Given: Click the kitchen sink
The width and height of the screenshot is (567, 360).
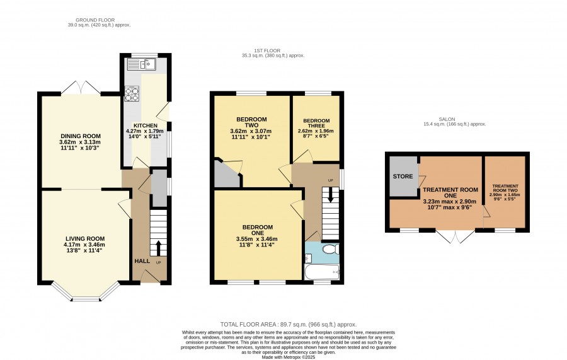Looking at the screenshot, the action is (x=142, y=64).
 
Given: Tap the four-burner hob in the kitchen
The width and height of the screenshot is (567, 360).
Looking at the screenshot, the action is (x=132, y=93).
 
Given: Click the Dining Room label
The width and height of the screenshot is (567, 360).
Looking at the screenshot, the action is (x=80, y=136).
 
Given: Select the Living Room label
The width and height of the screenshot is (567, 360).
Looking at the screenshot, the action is (x=85, y=238).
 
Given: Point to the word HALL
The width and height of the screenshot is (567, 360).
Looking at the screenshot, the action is (x=142, y=261).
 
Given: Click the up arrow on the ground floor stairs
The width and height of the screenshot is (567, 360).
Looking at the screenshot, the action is (x=158, y=248).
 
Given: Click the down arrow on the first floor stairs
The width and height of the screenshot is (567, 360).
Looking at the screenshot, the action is (x=331, y=195).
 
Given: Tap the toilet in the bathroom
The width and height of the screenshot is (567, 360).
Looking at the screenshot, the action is (x=330, y=249).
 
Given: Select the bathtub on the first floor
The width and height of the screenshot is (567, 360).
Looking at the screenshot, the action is (x=322, y=272).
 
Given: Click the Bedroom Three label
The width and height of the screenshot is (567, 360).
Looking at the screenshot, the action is (x=316, y=123).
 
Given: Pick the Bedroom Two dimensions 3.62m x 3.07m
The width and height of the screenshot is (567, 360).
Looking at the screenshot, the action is (x=251, y=131).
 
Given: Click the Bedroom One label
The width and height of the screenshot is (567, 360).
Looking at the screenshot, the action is (x=258, y=229).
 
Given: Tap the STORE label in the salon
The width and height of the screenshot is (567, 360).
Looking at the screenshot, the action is (x=403, y=176).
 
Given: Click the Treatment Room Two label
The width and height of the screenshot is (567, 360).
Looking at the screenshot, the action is (x=505, y=188).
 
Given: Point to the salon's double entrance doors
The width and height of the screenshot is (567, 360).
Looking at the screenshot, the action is (x=456, y=236).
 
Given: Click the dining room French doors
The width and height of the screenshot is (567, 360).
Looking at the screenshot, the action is (x=81, y=87).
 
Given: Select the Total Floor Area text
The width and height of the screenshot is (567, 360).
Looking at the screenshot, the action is (x=288, y=325).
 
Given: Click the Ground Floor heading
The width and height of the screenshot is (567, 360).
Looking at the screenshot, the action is (x=95, y=20).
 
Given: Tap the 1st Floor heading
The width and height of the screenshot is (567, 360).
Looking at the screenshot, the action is (x=267, y=50).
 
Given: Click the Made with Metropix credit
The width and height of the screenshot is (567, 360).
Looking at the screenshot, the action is (x=289, y=357).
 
